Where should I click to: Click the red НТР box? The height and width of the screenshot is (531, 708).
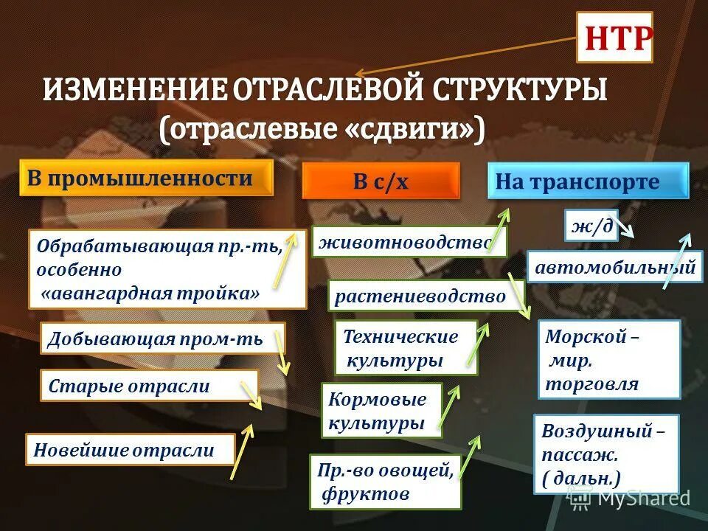(614, 38)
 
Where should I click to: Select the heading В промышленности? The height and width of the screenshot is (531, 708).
(145, 178)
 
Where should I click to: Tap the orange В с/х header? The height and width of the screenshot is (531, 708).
(381, 181)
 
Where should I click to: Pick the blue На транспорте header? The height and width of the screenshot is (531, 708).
(587, 181)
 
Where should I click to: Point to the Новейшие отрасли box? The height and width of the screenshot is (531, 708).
(130, 449)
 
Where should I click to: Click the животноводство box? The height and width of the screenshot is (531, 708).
(409, 242)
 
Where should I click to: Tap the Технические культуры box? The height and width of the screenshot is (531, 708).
(406, 348)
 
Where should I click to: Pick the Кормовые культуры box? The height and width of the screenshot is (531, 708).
(381, 411)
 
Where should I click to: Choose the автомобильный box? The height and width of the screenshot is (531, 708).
(615, 268)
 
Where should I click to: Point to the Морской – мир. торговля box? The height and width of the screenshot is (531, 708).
(608, 360)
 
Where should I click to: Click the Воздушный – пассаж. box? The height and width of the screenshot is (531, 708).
(605, 454)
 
